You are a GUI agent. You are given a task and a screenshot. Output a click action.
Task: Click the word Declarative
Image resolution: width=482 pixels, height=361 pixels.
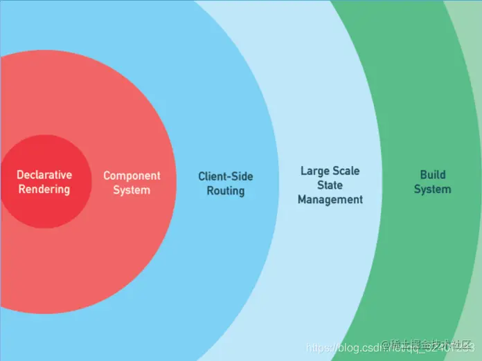44,175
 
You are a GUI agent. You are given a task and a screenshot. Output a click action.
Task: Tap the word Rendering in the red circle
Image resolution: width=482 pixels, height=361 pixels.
44,189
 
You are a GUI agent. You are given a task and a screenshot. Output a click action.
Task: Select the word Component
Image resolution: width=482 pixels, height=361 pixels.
132,176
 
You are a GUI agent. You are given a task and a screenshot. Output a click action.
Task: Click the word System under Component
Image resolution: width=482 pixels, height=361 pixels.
132,189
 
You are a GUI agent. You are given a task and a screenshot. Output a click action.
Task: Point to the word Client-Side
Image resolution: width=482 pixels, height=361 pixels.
226,176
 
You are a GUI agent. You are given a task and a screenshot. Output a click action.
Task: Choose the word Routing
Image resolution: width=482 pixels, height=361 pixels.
226,190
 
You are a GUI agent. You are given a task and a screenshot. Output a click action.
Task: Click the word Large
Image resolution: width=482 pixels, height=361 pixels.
315,171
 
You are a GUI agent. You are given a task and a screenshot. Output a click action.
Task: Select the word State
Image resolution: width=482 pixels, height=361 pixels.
330,185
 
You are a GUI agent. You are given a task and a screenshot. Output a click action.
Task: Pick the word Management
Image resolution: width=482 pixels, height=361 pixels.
330,199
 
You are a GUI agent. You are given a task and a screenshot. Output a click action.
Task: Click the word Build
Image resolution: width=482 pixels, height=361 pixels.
433,175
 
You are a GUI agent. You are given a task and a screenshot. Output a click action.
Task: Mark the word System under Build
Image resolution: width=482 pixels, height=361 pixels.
433,189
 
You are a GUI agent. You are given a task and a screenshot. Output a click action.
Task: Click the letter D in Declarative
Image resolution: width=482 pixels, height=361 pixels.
20,175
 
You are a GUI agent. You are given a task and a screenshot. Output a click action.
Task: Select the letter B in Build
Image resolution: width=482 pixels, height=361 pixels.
423,175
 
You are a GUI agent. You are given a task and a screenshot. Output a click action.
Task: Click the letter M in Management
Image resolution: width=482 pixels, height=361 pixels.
303,199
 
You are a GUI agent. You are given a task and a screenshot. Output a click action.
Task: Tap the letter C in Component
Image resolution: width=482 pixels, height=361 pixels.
107,176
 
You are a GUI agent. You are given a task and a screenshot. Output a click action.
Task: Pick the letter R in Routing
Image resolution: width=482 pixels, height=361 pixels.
211,190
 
